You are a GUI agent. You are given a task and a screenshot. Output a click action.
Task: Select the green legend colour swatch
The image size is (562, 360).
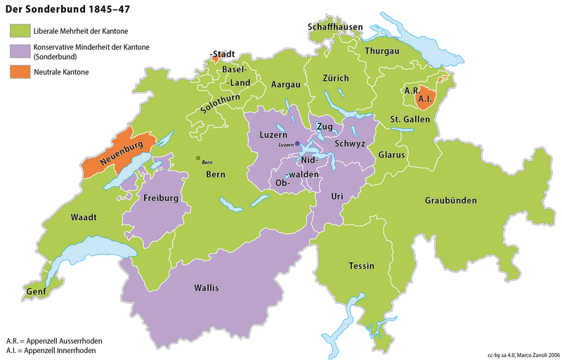(18, 32)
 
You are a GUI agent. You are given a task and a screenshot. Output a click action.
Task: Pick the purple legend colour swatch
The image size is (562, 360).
(18, 51)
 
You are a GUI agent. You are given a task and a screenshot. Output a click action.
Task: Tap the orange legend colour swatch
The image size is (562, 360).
(18, 71)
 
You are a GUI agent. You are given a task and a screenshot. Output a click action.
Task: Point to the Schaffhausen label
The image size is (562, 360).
(335, 27)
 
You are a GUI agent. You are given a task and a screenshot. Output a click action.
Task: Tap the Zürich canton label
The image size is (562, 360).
(335, 77)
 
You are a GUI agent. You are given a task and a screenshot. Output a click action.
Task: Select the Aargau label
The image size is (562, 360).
(286, 84)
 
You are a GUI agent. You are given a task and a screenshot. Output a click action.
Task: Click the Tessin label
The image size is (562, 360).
(361, 266)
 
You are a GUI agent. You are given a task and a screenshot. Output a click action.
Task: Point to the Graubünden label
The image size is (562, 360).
(451, 201)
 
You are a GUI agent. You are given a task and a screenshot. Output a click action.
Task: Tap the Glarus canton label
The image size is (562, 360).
(392, 154)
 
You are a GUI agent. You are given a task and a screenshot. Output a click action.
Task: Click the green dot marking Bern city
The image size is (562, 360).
(198, 158)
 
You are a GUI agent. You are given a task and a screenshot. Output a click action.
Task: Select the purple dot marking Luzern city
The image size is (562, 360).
(297, 143)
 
